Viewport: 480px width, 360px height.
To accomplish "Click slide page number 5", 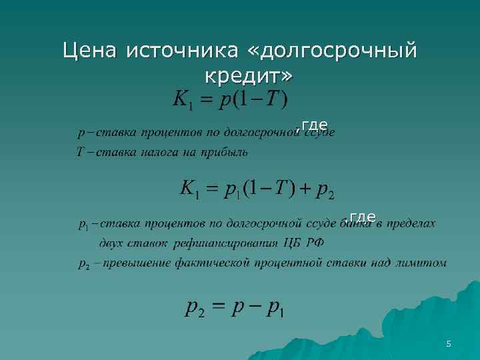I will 449,344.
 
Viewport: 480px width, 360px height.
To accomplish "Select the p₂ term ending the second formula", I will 326,191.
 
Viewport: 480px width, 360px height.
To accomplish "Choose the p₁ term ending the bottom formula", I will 274,309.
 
